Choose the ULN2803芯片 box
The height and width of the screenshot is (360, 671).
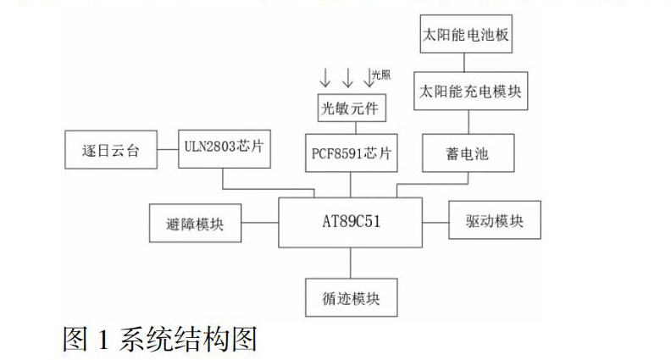click(x=224, y=145)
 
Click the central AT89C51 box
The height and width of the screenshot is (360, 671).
click(x=351, y=223)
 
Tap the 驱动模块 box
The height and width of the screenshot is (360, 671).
click(x=494, y=221)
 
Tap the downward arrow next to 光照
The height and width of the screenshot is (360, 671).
click(x=369, y=77)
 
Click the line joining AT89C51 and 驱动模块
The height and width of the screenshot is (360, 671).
click(x=435, y=223)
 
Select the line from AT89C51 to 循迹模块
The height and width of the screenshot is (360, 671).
click(x=351, y=263)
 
